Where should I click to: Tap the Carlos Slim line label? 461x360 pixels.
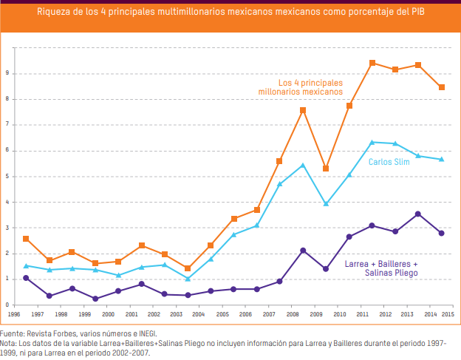coord(389,162)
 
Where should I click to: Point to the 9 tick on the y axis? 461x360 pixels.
coord(7,73)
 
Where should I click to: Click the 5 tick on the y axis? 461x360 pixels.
coord(7,177)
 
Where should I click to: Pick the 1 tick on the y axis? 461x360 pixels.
coord(7,279)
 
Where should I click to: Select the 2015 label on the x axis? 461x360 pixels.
coord(448,314)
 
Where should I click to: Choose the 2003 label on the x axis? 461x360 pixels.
coord(176,314)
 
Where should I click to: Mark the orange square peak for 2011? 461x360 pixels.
coord(372,63)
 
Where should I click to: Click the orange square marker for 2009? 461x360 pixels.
coord(326,169)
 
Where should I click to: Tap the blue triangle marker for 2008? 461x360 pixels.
coord(303,165)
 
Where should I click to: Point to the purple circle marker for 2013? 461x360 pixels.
coord(418,214)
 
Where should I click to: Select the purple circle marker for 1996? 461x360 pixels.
coord(26,278)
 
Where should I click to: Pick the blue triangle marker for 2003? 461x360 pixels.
coord(188,279)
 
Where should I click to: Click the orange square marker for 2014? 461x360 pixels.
coord(442,87)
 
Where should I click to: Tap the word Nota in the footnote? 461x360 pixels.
coord(9,344)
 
